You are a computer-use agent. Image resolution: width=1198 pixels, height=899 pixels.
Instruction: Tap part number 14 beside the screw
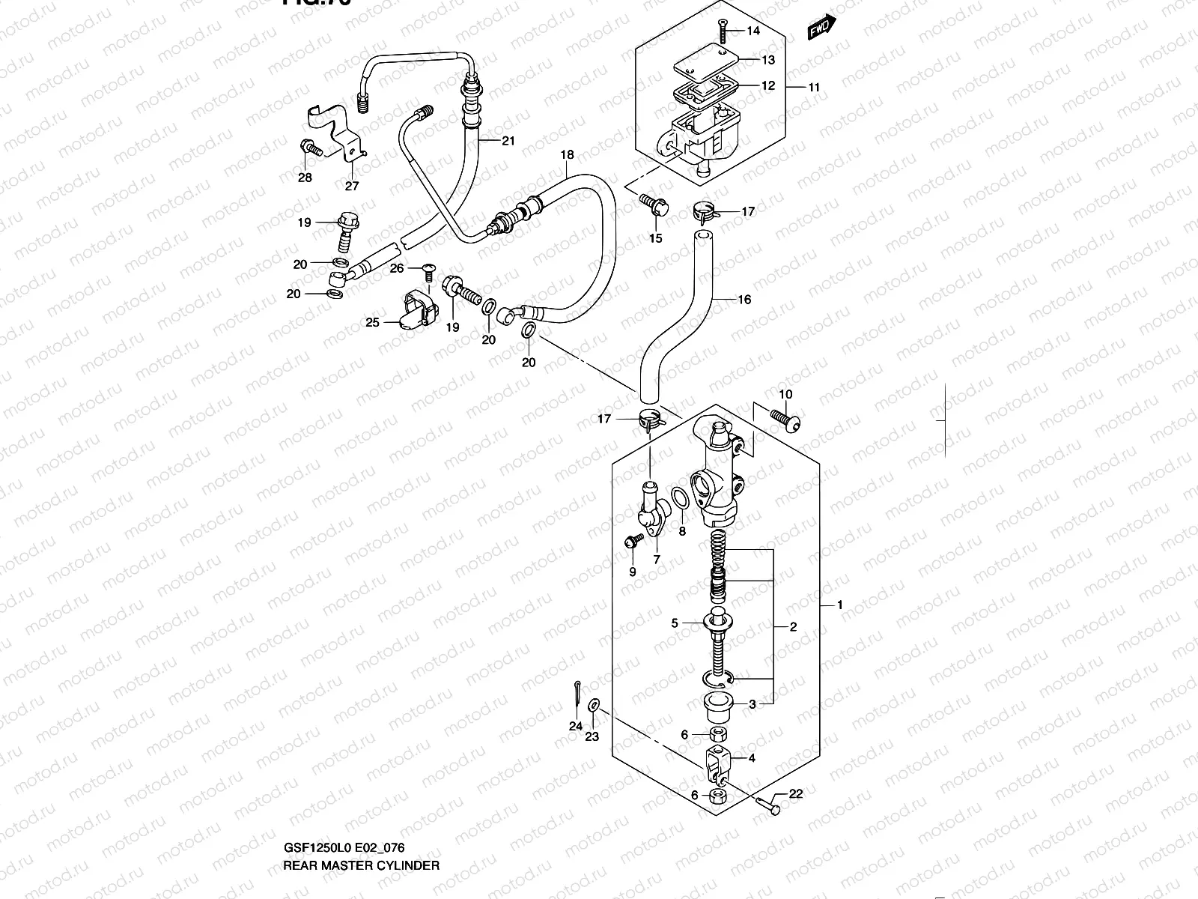[753, 31]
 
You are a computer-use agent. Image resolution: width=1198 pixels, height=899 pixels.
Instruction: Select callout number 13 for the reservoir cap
[768, 60]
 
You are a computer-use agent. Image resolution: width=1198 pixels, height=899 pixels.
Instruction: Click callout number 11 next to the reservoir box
[814, 87]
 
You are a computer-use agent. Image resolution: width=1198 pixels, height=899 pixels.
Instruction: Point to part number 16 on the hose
[744, 300]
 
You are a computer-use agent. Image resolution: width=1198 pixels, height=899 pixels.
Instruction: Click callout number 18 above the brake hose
[567, 155]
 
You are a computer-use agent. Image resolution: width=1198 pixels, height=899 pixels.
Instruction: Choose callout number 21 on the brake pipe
[509, 141]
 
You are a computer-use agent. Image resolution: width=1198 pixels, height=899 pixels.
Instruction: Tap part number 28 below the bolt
[305, 178]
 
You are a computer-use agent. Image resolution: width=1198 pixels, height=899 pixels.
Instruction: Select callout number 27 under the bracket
[351, 186]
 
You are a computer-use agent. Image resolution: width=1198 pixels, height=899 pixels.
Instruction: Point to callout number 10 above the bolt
[785, 394]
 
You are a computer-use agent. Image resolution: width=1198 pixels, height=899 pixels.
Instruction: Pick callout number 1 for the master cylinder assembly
[840, 605]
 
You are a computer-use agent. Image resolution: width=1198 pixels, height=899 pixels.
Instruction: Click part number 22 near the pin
[795, 794]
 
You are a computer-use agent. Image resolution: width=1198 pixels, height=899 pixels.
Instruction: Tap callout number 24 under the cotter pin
[575, 726]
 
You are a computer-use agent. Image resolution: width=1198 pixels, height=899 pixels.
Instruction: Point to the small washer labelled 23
[594, 705]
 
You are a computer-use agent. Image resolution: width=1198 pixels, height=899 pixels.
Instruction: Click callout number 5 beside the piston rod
[675, 623]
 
